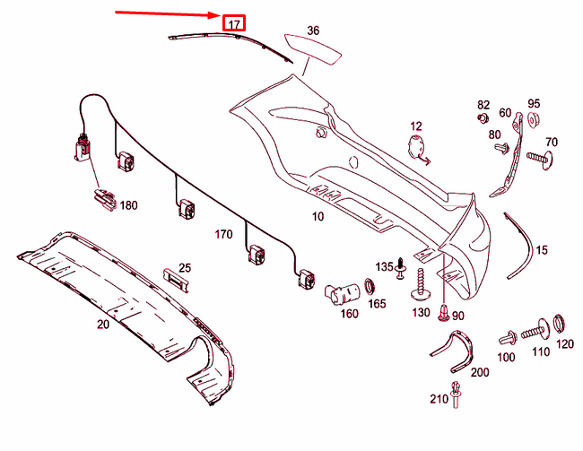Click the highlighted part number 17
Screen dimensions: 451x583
click(x=234, y=23)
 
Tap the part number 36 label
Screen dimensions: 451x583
click(x=312, y=30)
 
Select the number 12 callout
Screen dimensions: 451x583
click(x=416, y=126)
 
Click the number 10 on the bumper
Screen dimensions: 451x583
click(x=318, y=217)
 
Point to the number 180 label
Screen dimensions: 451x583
click(x=129, y=205)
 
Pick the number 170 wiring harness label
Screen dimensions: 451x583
click(x=223, y=235)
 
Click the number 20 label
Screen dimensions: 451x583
click(x=102, y=325)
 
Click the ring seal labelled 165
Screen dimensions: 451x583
click(x=368, y=288)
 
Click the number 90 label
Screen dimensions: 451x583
click(x=457, y=316)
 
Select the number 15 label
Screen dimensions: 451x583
click(x=542, y=251)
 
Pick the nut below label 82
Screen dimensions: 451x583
click(x=483, y=117)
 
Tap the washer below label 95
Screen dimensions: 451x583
click(x=534, y=121)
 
